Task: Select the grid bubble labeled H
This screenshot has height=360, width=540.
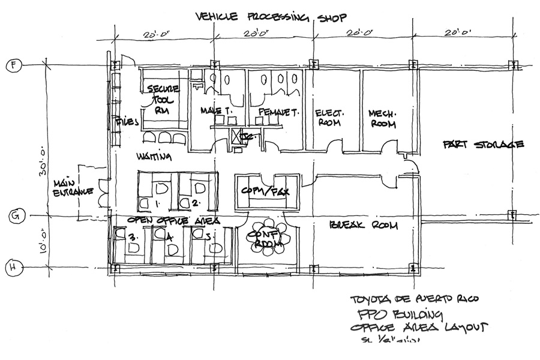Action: point(11,268)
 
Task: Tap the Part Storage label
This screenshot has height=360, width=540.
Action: point(484,145)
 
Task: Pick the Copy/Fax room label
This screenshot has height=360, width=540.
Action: point(266,191)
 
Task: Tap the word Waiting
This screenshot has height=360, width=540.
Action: point(154,158)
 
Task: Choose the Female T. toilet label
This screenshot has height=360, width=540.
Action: point(275,112)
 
